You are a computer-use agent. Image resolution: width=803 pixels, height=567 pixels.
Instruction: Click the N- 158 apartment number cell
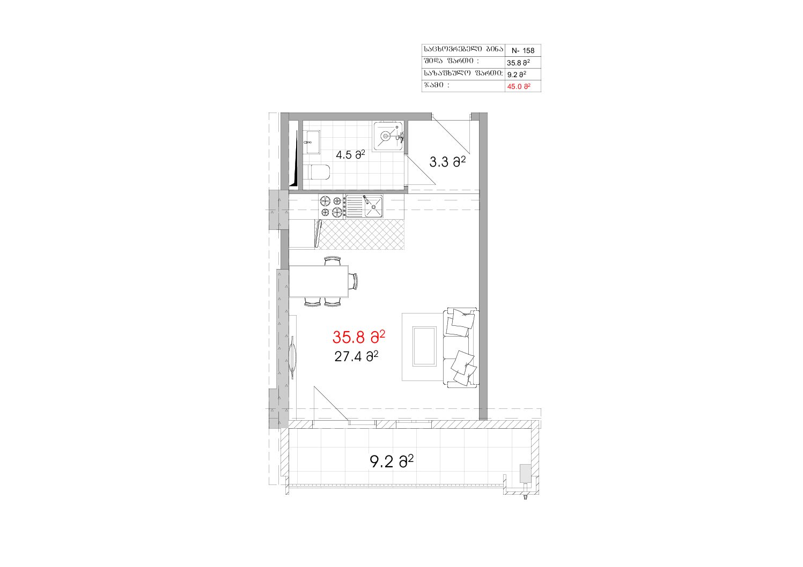pyautogui.click(x=523, y=50)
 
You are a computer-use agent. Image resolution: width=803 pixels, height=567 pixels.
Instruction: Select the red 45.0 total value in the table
pyautogui.click(x=518, y=86)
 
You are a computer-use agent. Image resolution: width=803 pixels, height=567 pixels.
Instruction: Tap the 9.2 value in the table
pyautogui.click(x=517, y=74)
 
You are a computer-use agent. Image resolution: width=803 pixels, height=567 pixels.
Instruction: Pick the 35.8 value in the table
pyautogui.click(x=518, y=63)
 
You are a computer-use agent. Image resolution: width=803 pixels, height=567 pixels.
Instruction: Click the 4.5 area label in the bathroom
pyautogui.click(x=350, y=155)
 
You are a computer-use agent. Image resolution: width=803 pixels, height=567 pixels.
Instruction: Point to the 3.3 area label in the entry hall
pyautogui.click(x=447, y=162)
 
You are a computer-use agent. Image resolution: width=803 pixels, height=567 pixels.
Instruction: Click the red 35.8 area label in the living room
pyautogui.click(x=358, y=337)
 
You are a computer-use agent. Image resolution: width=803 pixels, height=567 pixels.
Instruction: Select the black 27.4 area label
pyautogui.click(x=356, y=356)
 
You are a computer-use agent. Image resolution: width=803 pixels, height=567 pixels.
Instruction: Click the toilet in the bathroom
pyautogui.click(x=319, y=172)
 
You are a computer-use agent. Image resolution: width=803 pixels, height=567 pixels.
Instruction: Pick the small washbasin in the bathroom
pyautogui.click(x=313, y=142)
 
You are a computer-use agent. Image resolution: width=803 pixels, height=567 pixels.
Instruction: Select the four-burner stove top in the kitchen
pyautogui.click(x=331, y=206)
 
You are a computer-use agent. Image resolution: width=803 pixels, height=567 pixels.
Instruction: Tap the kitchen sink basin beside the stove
pyautogui.click(x=373, y=206)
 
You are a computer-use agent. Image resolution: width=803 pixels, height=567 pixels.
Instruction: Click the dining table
pyautogui.click(x=319, y=281)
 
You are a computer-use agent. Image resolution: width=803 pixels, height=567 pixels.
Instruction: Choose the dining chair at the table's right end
pyautogui.click(x=353, y=281)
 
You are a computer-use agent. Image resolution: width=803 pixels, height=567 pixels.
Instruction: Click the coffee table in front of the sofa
pyautogui.click(x=424, y=346)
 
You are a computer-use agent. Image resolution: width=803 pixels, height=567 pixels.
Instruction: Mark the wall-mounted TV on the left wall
pyautogui.click(x=293, y=357)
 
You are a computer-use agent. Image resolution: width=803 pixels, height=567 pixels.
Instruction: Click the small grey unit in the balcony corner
pyautogui.click(x=525, y=474)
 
